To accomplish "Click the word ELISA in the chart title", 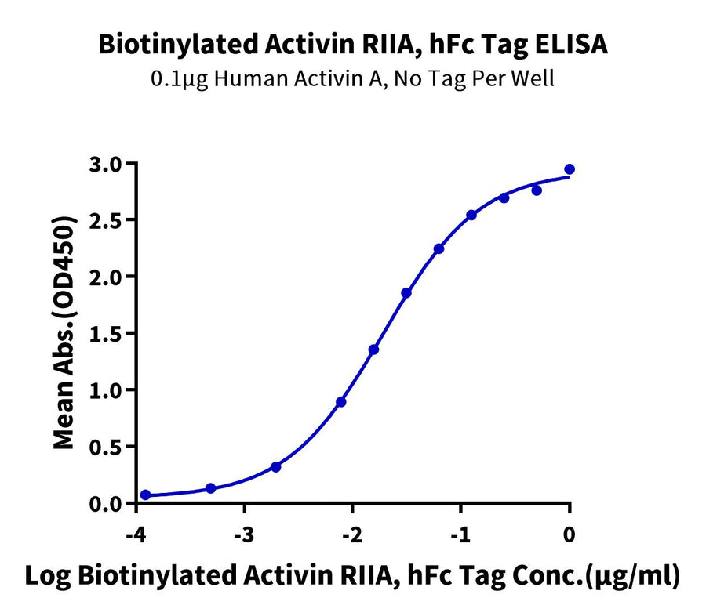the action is [x=570, y=45].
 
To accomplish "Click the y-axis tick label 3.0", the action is [x=106, y=165].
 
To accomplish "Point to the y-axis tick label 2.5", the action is [x=106, y=221].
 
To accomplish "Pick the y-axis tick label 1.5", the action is [x=106, y=334].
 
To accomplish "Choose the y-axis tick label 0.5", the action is [x=106, y=448].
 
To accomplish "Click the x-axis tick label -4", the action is [x=136, y=535].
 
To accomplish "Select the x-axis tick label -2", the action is [x=352, y=535].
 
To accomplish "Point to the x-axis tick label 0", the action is [x=570, y=535].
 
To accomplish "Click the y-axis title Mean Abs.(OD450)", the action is [x=64, y=333].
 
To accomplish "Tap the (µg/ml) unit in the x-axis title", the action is [x=631, y=577].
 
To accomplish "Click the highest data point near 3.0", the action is [x=570, y=169].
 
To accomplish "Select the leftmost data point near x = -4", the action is [x=145, y=495].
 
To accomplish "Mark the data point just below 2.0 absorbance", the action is [x=406, y=293].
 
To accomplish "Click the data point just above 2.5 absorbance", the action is [x=471, y=215].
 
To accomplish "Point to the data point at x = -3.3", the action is [x=210, y=488].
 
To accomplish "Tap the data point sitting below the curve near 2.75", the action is [x=537, y=190].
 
